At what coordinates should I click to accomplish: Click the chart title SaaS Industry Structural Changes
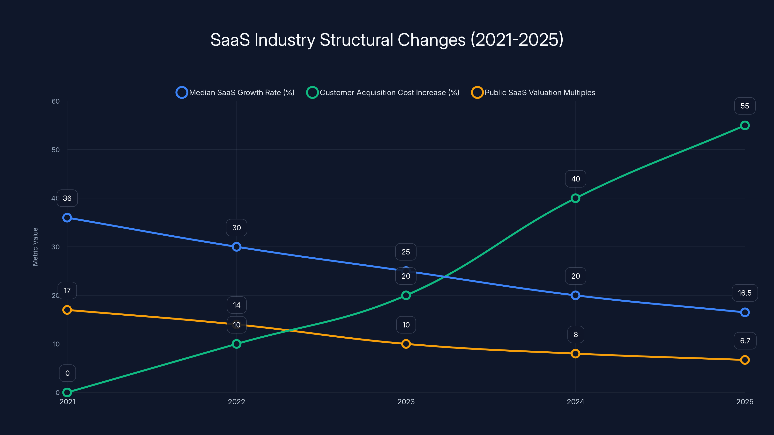pos(387,40)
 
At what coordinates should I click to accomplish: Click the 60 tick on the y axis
pos(56,101)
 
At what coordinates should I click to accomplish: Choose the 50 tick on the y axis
pos(56,150)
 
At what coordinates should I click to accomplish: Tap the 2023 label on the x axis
pos(406,402)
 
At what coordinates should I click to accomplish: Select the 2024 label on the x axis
pos(575,402)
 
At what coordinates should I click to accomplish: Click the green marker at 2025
pos(744,125)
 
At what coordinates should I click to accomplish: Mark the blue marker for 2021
pos(67,218)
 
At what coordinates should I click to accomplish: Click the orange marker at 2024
pos(575,354)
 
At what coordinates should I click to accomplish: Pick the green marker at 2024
pos(575,198)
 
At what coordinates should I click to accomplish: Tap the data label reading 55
pos(744,106)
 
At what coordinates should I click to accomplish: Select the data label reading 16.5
pos(744,293)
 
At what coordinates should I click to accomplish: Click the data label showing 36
pos(67,198)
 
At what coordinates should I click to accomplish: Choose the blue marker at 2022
pos(237,247)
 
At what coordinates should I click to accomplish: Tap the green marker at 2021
pos(67,392)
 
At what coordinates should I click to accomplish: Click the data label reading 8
pos(576,334)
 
